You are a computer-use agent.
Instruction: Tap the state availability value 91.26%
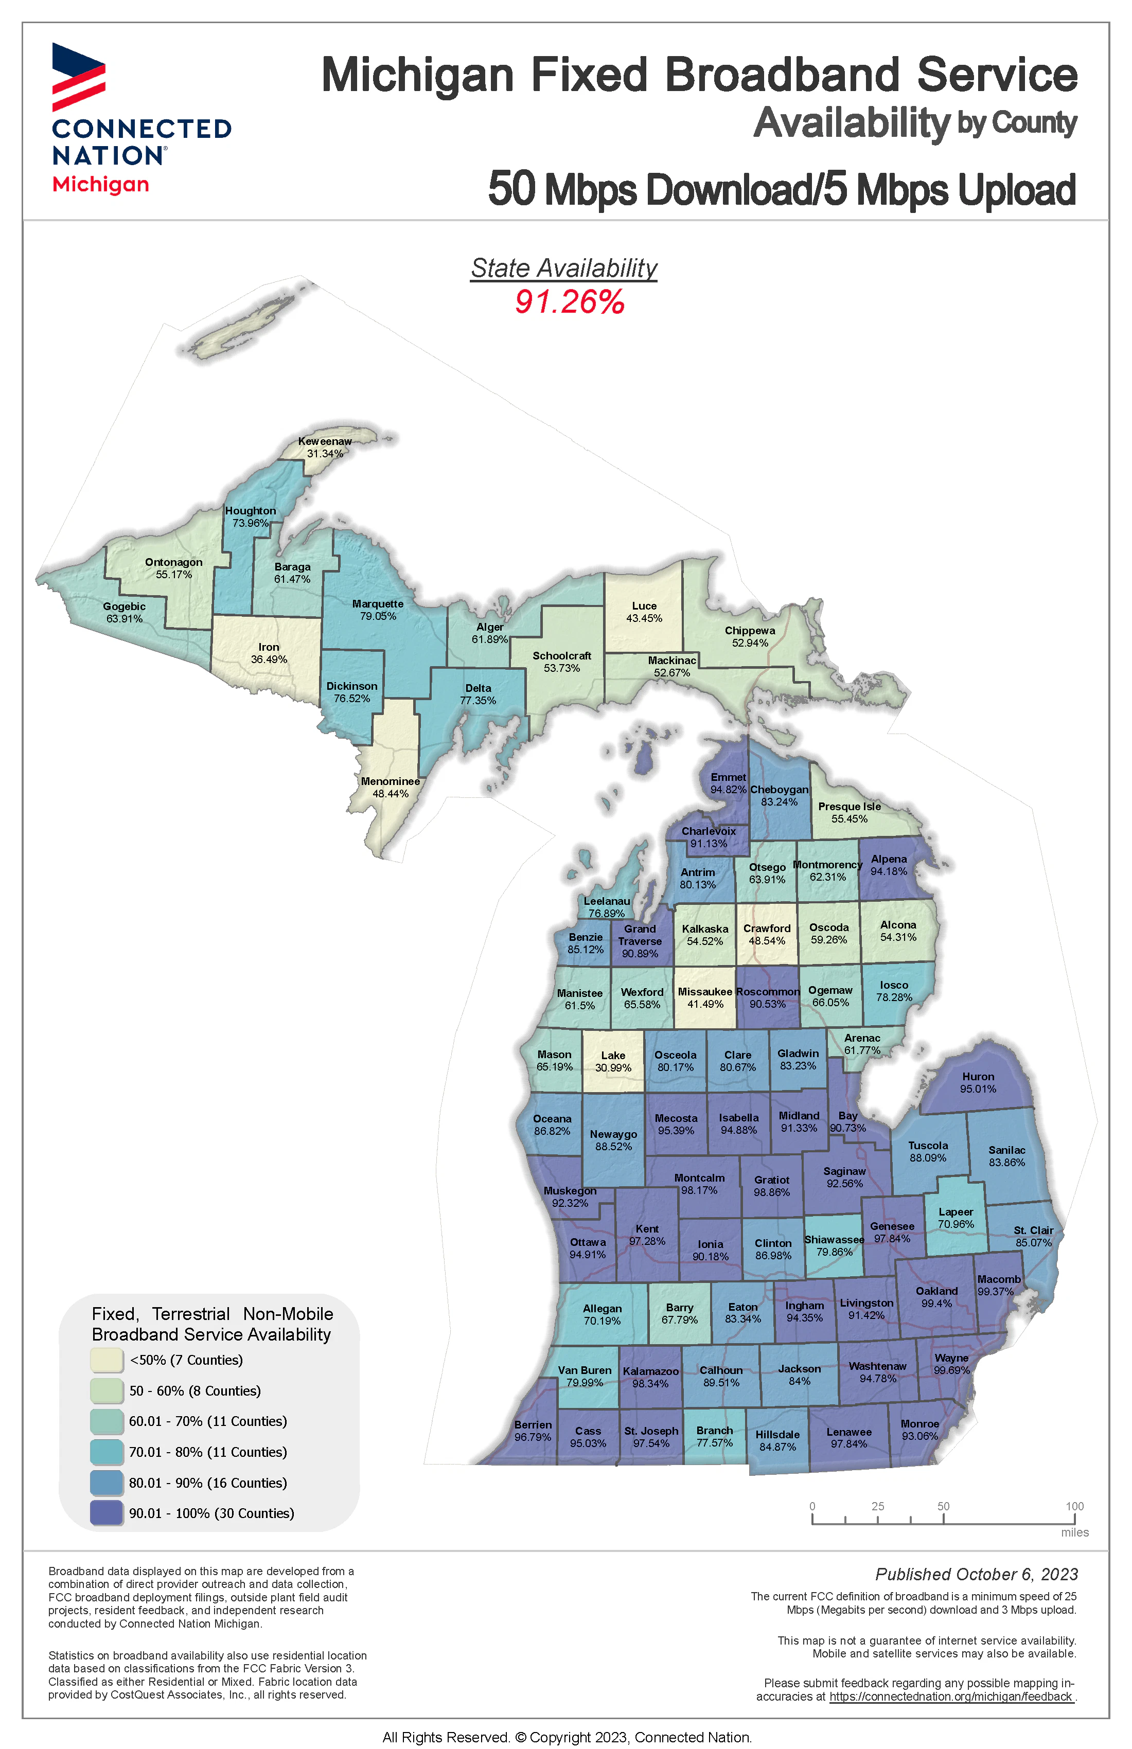click(x=569, y=302)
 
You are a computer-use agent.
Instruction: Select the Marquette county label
click(x=378, y=604)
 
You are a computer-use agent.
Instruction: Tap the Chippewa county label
click(x=750, y=631)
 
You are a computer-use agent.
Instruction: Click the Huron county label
click(x=978, y=1077)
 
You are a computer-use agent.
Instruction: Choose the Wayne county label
click(x=951, y=1358)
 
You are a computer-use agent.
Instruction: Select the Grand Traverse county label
click(x=640, y=935)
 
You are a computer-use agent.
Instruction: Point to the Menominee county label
click(x=391, y=781)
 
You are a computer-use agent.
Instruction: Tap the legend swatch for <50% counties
click(x=107, y=1360)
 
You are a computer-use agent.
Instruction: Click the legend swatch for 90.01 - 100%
click(x=107, y=1513)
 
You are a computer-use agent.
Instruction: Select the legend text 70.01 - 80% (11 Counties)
click(x=208, y=1452)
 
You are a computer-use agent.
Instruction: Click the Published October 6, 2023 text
click(x=976, y=1575)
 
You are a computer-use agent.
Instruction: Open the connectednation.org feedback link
click(x=950, y=1697)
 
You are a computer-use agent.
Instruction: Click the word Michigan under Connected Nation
click(x=101, y=185)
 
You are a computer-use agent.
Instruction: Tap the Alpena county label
click(x=889, y=859)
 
